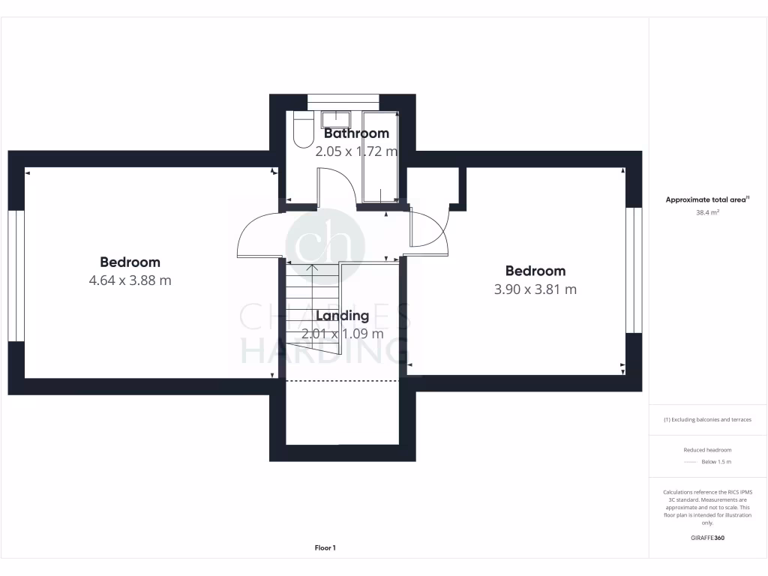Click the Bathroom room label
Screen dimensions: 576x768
pos(356,133)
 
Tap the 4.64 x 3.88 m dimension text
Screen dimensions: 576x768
pos(130,280)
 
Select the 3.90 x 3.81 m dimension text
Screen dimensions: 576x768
pos(535,289)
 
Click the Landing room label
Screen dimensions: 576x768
pos(342,316)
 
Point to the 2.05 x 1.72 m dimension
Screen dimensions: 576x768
pos(356,151)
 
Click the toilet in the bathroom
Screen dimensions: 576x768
pos(303,130)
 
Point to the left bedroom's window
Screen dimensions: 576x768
pos(16,275)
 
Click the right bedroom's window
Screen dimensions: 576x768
pos(634,270)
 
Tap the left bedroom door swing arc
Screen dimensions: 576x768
pos(257,234)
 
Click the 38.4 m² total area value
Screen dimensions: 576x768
pos(707,212)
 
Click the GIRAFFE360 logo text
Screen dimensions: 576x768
pos(707,538)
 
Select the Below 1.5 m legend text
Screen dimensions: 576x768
pos(716,462)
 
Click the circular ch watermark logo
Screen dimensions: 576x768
pos(325,244)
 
